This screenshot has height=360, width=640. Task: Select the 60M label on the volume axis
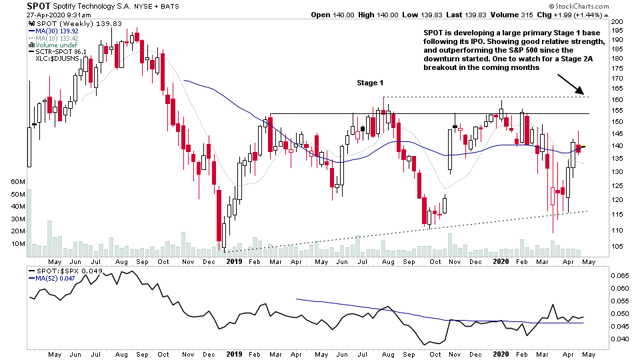coord(17,182)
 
